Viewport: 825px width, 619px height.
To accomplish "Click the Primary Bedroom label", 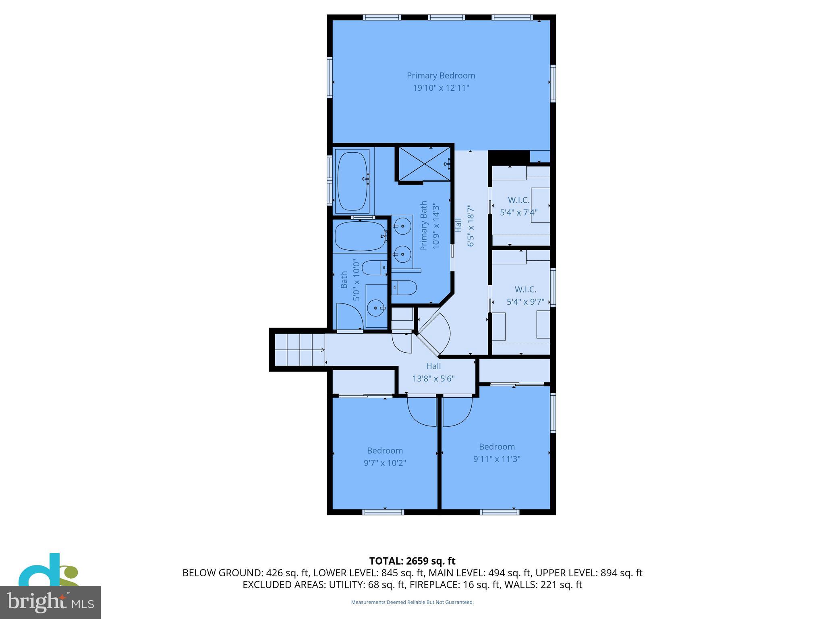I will pyautogui.click(x=441, y=76).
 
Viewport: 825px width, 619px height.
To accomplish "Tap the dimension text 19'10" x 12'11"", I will pyautogui.click(x=441, y=88).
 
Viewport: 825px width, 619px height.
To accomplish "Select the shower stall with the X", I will pyautogui.click(x=424, y=164).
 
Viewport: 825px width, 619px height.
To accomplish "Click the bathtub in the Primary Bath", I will pyautogui.click(x=352, y=181).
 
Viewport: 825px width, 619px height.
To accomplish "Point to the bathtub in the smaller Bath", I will pyautogui.click(x=360, y=236).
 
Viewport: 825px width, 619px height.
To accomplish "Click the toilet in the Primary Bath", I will pyautogui.click(x=404, y=287).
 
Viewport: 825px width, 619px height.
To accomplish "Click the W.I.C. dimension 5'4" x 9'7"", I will pyautogui.click(x=525, y=302).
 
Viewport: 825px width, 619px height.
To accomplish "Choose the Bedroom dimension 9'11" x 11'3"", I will pyautogui.click(x=497, y=459).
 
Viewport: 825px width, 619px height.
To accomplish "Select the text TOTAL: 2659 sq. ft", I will pyautogui.click(x=412, y=561).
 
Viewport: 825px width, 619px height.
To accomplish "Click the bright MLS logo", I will pyautogui.click(x=50, y=602).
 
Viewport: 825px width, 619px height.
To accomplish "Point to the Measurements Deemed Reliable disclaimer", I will pyautogui.click(x=412, y=602).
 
